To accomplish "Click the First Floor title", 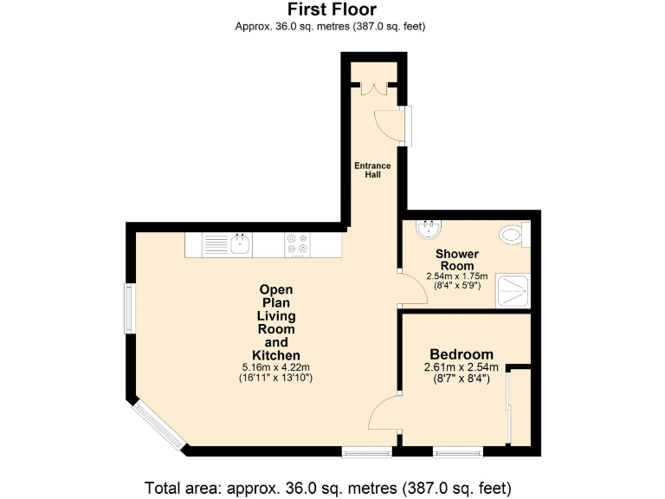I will tap(332, 10).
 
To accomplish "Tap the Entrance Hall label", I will tap(372, 170).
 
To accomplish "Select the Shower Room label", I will tap(457, 259).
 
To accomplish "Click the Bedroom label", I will tap(462, 354).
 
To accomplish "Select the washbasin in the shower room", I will tap(428, 229).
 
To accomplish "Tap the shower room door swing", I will tap(412, 288).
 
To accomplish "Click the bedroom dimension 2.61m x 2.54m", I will tap(462, 367).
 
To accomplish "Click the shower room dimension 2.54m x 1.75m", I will tap(457, 276).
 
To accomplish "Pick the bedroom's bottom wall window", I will tap(458, 451).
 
